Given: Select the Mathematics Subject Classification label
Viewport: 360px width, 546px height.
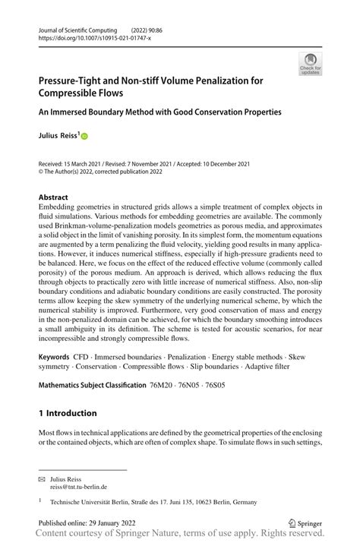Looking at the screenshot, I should [92, 386].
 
